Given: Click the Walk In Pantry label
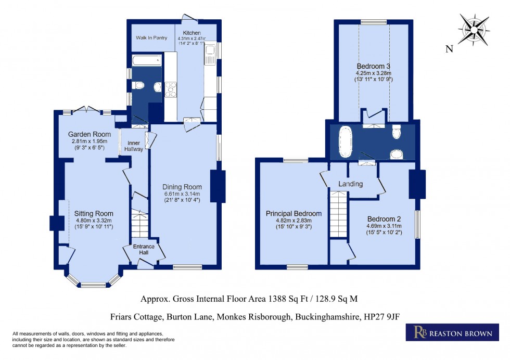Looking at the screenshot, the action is coord(151,38).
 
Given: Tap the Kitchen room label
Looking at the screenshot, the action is coord(192,33).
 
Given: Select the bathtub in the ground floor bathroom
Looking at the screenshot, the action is coord(147,60).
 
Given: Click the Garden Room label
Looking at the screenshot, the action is coord(90,134).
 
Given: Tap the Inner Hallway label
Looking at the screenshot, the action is coord(134,146).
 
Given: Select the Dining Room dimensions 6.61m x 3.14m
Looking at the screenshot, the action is coord(182,194).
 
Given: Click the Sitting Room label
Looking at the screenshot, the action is coord(94,214).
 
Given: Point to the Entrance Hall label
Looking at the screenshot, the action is coord(144,249).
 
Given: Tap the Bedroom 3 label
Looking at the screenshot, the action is coord(374,67).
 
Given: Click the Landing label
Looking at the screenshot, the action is coord(351,184).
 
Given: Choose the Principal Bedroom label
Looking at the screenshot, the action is coord(294,214).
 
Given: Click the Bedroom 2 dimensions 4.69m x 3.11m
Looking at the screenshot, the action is coord(384,226).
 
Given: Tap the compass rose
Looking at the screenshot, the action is coord(474,30).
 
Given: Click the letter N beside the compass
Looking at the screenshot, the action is coord(449,49).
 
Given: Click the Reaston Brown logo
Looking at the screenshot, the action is coord(452,332).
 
